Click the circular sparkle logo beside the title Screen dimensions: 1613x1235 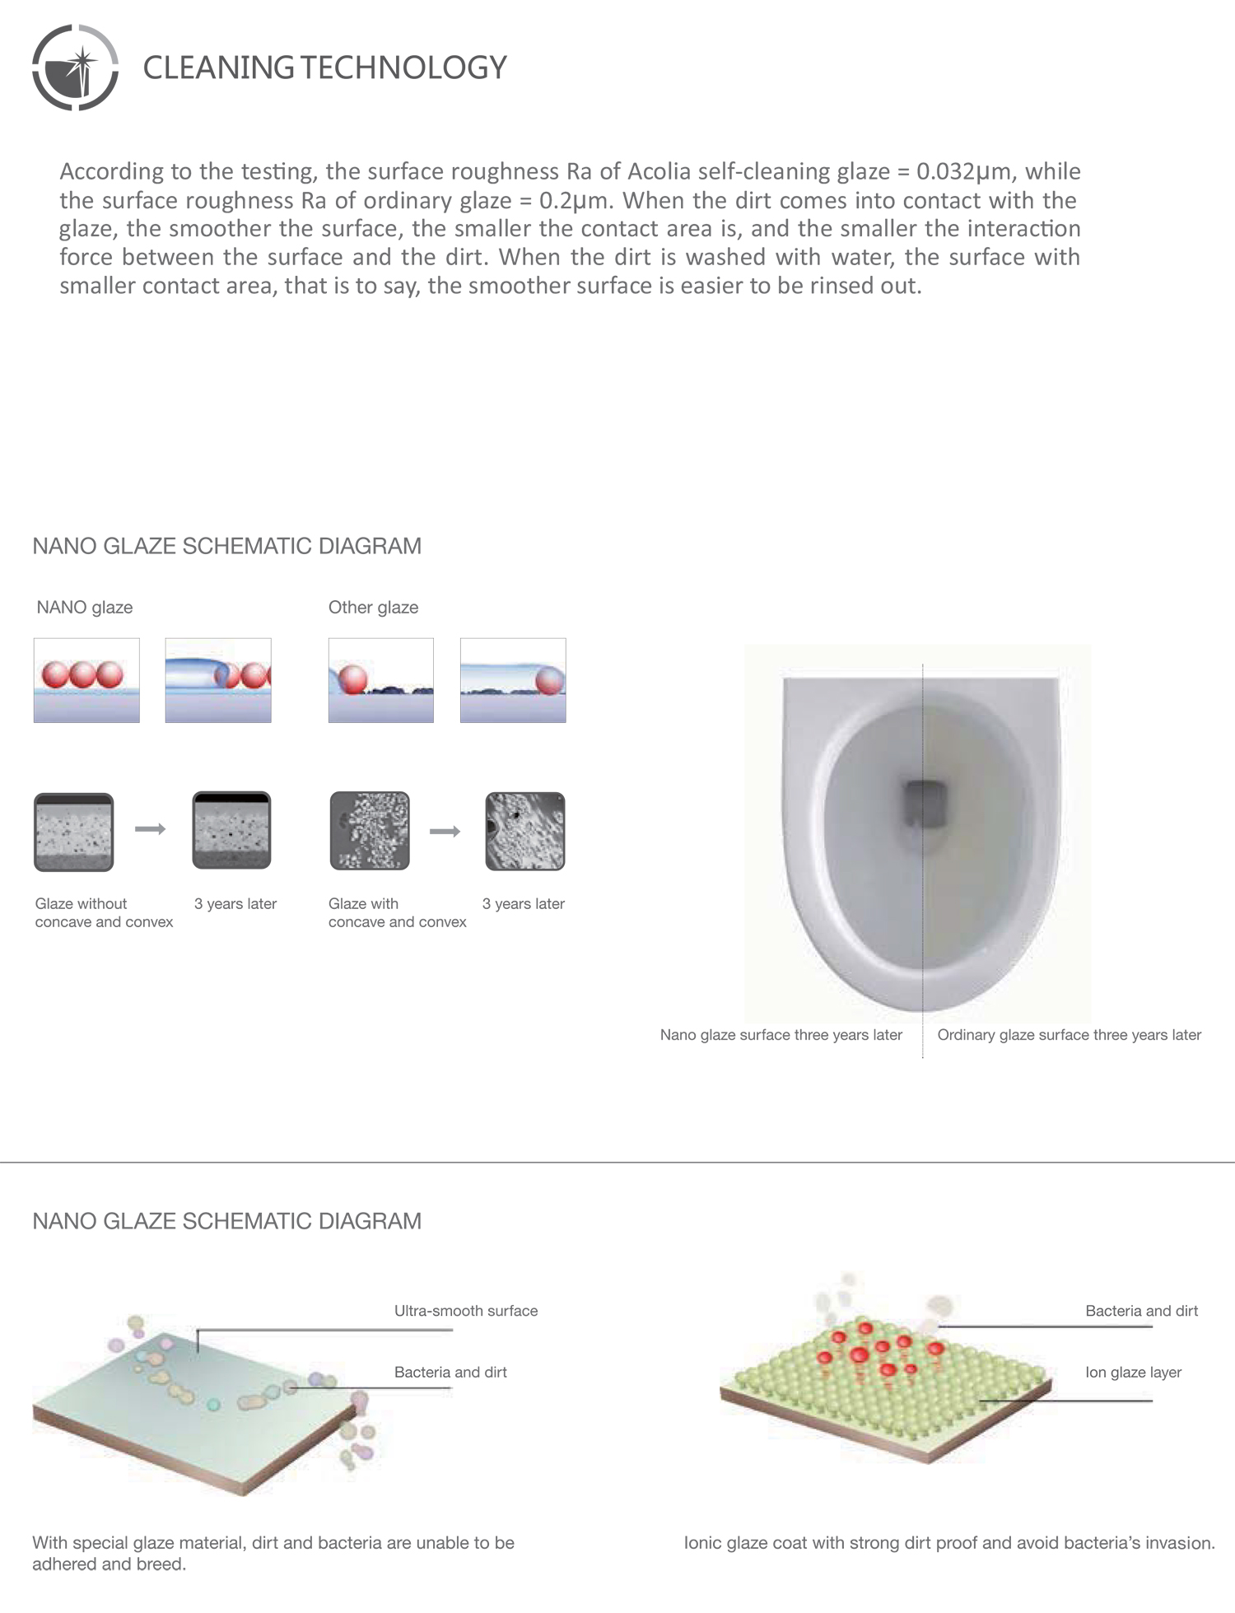(x=75, y=68)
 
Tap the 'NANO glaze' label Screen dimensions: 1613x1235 (x=85, y=608)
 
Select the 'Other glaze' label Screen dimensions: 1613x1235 (x=373, y=608)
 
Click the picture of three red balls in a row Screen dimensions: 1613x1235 (x=86, y=680)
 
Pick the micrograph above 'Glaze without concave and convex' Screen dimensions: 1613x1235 (x=73, y=832)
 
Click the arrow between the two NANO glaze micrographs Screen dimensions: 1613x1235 (x=150, y=829)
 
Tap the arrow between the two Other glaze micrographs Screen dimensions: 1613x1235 (x=445, y=832)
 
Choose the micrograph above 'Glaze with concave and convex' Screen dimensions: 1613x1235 (x=370, y=832)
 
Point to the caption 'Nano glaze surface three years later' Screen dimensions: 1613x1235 (x=781, y=1035)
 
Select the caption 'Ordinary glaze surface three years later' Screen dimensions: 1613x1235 (x=1069, y=1035)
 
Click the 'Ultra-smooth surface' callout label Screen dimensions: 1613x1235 (x=465, y=1311)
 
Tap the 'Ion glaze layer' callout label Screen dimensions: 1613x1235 (x=1133, y=1373)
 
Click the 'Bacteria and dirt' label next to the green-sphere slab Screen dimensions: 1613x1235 (x=1141, y=1311)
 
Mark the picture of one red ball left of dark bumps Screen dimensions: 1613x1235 (x=381, y=680)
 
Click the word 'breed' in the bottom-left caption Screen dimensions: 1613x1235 (x=161, y=1564)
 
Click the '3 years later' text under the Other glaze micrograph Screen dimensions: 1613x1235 (x=523, y=904)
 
